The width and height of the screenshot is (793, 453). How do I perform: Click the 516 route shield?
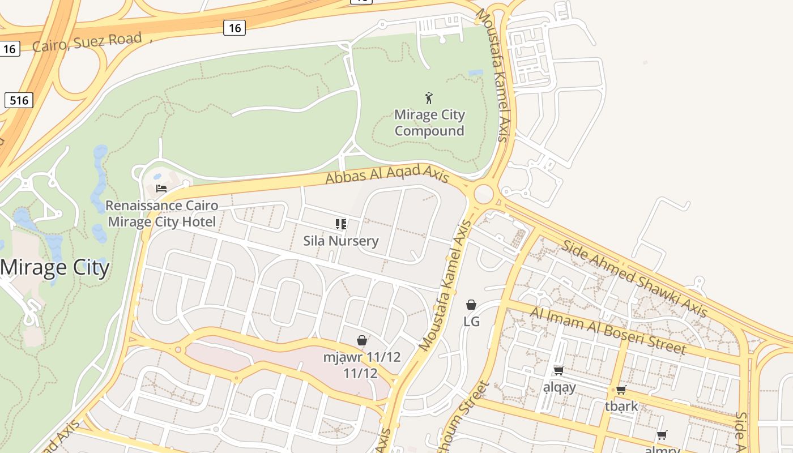coord(19,101)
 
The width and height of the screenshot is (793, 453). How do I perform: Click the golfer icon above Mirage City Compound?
coord(429,98)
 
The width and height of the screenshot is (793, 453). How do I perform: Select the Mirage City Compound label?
coord(429,123)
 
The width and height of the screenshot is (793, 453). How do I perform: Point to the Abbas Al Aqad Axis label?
coord(387,174)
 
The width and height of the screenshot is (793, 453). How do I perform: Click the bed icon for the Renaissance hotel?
coord(161,188)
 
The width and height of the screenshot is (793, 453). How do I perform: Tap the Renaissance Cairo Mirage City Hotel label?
coord(162,213)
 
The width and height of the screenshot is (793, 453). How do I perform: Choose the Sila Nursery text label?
coord(340,241)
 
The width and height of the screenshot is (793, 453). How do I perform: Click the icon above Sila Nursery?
coord(340,224)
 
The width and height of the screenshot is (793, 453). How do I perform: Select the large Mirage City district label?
coord(54,267)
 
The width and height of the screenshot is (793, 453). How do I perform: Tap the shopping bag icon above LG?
coord(471,305)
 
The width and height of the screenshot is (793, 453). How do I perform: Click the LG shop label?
coord(471,321)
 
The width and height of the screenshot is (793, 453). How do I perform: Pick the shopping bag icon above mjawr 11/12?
coord(362,340)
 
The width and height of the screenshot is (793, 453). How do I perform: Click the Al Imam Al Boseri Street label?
coord(608,330)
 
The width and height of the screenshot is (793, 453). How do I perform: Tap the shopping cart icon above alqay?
coord(558,371)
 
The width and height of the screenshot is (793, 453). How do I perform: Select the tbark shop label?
coord(621,406)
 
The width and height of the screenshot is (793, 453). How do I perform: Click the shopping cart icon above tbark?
coord(621,390)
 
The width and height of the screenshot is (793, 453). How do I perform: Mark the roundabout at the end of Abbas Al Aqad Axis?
coord(483,194)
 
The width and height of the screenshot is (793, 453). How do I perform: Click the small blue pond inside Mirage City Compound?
coord(476,73)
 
